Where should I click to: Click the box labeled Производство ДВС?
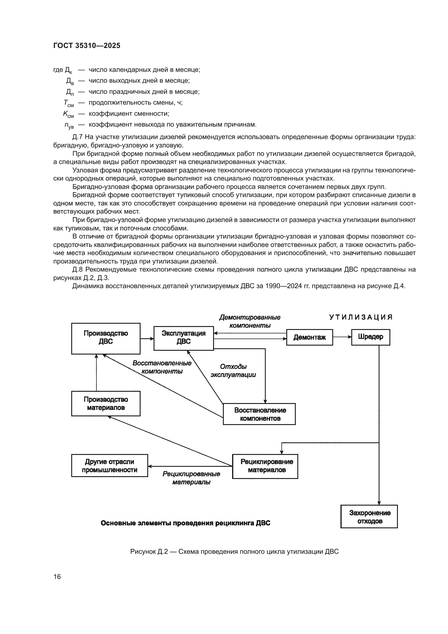[x=106, y=338]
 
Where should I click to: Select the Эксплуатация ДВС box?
[x=183, y=338]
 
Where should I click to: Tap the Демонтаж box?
[x=309, y=337]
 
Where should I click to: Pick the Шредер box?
[x=370, y=337]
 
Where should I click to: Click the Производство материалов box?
[x=106, y=403]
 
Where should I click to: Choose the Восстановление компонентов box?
[x=259, y=414]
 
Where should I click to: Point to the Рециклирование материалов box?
[x=265, y=466]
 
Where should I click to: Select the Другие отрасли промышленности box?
[x=109, y=466]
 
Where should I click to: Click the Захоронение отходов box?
[x=369, y=517]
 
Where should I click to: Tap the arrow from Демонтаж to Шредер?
[x=342, y=337]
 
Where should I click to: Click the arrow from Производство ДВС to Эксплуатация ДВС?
[x=147, y=338]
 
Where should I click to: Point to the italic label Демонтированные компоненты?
[x=250, y=321]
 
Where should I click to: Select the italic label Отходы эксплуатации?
[x=233, y=371]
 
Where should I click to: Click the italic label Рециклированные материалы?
[x=191, y=478]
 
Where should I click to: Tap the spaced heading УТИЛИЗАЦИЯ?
[x=361, y=317]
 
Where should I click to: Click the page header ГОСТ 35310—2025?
[x=87, y=46]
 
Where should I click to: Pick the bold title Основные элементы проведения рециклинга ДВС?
[x=185, y=523]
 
